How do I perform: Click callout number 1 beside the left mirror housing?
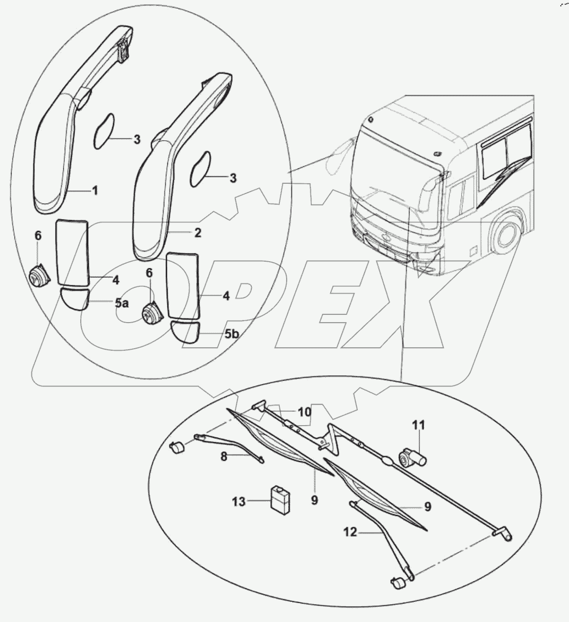95,191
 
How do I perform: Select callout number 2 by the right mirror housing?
197,233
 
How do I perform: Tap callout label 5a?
122,304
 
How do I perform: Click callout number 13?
238,502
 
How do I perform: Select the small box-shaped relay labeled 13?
280,498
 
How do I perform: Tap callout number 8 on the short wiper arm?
224,456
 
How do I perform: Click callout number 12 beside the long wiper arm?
350,532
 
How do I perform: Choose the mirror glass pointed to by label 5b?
184,331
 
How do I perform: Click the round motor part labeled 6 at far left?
37,277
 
